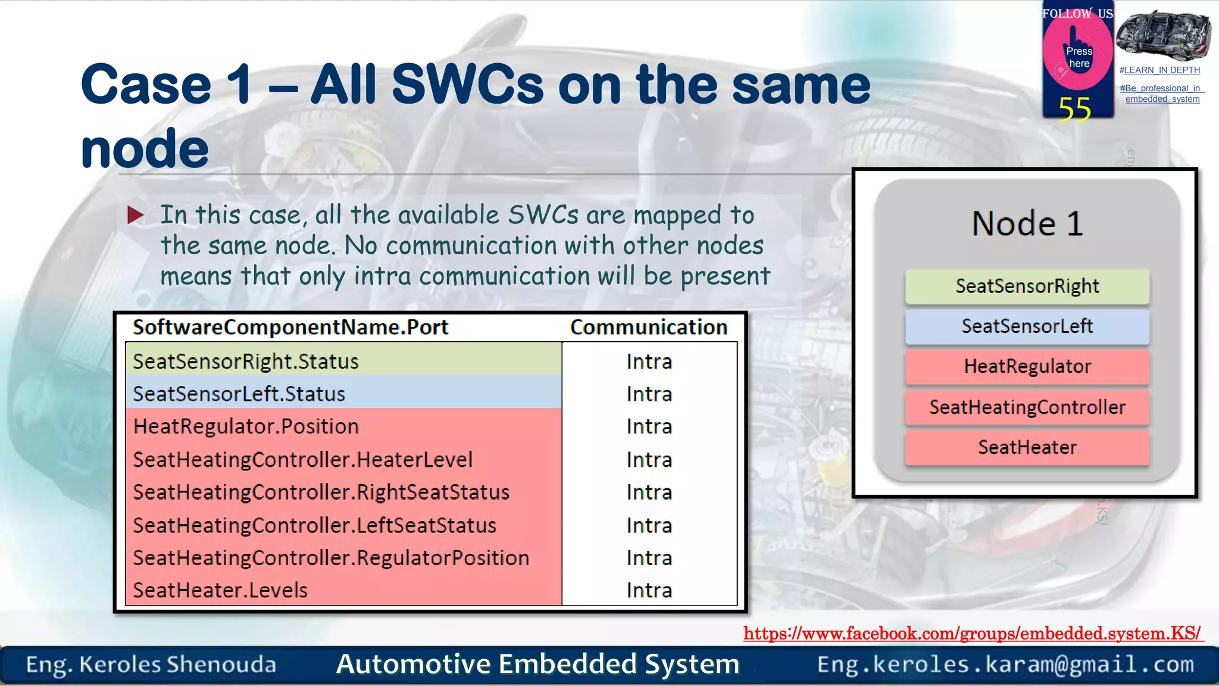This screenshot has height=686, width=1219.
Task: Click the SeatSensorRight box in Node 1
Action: click(1027, 286)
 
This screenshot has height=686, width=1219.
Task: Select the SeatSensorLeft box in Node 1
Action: click(1027, 326)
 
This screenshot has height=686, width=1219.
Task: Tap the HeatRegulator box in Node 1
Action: click(1027, 366)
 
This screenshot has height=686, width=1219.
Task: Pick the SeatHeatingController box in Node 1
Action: click(1027, 407)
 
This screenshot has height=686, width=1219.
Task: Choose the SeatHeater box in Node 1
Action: click(1027, 447)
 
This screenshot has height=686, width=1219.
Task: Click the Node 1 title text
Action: click(1027, 224)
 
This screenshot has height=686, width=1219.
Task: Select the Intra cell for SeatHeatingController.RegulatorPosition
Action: click(649, 558)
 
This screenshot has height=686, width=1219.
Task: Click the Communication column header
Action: click(649, 327)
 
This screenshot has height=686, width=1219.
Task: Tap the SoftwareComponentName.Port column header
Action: click(290, 327)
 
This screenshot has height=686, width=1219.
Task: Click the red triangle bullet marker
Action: click(135, 215)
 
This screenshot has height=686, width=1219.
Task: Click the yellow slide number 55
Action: click(1074, 109)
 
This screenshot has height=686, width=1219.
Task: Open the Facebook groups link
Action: click(973, 633)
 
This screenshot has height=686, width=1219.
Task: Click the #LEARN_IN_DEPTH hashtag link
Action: click(1159, 70)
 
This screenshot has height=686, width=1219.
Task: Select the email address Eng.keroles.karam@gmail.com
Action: click(1005, 664)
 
